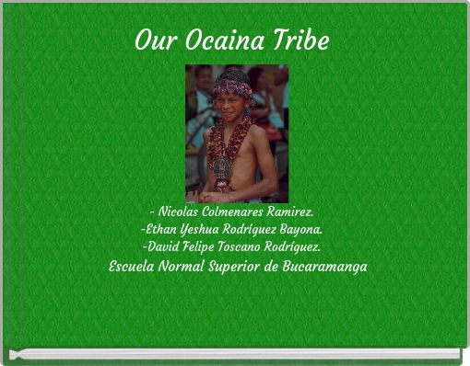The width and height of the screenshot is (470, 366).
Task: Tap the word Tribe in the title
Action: coord(300,41)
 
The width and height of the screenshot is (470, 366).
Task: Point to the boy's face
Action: coord(232,105)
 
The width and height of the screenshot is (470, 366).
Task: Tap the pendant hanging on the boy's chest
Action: coord(223,167)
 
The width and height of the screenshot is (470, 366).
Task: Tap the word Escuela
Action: coord(132,266)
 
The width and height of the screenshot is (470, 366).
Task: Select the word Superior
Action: coord(248,266)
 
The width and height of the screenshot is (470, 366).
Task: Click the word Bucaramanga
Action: coord(332,266)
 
